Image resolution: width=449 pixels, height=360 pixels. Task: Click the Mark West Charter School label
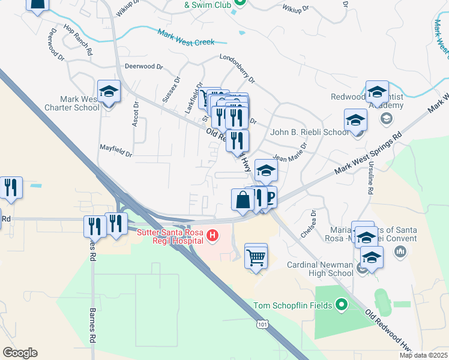[80, 103]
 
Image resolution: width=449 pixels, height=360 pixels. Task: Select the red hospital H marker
[211, 236]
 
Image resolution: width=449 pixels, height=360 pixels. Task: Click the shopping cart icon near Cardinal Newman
[256, 256]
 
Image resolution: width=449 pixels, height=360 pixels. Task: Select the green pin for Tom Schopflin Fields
[342, 305]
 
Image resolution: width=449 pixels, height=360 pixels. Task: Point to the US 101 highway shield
[262, 325]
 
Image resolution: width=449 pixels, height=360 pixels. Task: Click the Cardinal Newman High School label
[320, 269]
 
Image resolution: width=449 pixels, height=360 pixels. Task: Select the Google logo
[20, 353]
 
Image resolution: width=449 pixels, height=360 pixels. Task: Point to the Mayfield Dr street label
[116, 151]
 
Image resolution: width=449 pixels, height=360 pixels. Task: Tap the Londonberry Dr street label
[238, 70]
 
